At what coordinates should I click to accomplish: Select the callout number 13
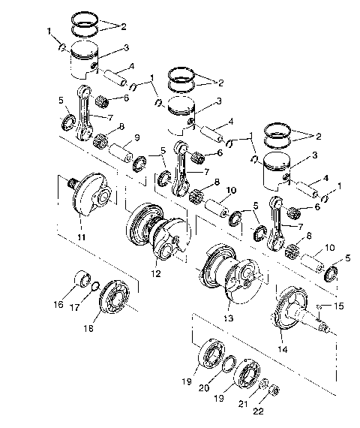tap(229, 318)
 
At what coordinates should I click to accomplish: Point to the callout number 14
tap(283, 349)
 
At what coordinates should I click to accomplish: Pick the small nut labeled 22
tap(274, 390)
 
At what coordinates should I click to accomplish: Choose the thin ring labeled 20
tap(225, 364)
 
